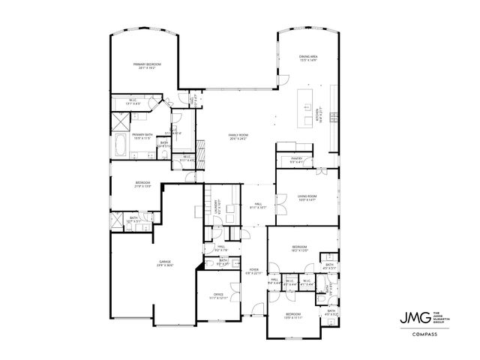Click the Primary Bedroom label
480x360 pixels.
147,64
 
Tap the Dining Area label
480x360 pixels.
309,56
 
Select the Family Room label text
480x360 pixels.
238,135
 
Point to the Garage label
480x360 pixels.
164,262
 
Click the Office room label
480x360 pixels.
218,295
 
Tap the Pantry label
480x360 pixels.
295,158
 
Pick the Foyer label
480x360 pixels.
254,270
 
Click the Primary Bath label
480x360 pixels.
143,134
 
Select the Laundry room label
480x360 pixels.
217,202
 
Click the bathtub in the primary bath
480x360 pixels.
121,145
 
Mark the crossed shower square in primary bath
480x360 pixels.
121,120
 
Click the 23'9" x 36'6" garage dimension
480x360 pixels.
164,265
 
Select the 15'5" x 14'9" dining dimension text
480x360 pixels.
309,60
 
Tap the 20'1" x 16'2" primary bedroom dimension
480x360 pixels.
147,68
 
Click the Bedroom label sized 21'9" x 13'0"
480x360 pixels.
143,183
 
